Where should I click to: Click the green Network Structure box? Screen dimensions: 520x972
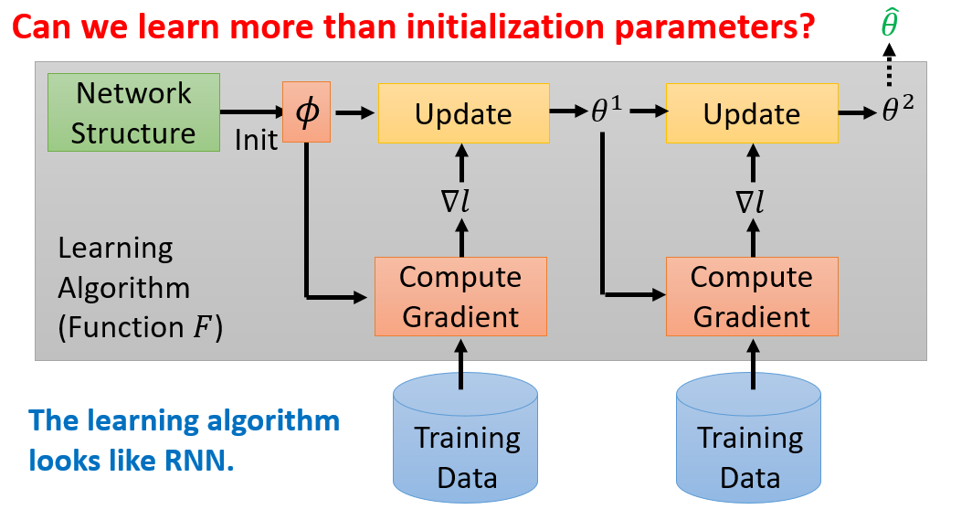133,113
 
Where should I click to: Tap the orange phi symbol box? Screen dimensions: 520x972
305,112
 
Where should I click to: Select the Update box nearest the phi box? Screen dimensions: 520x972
463,113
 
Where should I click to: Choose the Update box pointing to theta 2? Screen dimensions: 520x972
752,113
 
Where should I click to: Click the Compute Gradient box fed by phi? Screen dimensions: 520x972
460,296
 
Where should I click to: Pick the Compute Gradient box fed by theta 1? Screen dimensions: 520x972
751,296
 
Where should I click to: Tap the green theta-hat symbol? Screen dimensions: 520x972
890,26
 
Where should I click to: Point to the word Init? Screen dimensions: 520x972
256,143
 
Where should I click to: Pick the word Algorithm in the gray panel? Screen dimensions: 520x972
123,288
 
